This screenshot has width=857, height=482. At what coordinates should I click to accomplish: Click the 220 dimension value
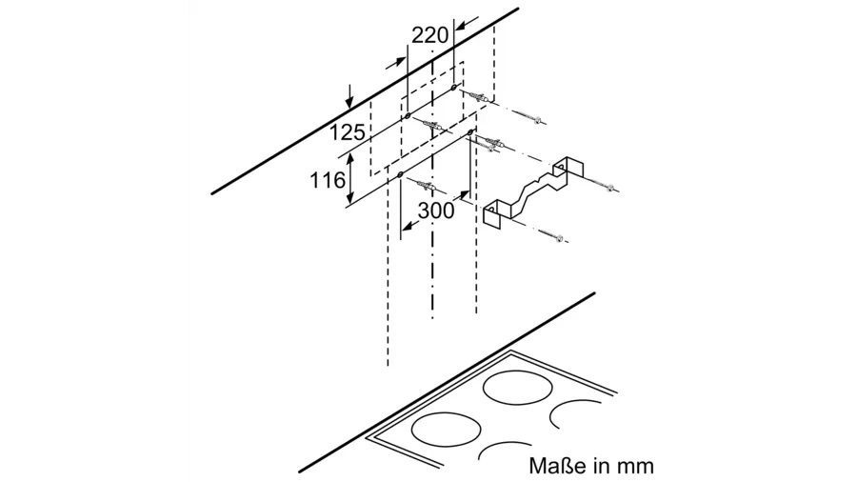(429, 36)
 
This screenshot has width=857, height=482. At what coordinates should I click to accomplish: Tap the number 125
(347, 132)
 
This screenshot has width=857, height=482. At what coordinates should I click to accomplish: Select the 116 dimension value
(328, 180)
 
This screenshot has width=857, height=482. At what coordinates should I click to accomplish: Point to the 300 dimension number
(436, 211)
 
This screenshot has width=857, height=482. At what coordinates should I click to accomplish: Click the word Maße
(557, 466)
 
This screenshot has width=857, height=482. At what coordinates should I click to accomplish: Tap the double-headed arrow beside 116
(351, 179)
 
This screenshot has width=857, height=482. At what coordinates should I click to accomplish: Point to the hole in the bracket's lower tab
(490, 210)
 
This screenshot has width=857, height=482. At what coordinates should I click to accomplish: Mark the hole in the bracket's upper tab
(560, 165)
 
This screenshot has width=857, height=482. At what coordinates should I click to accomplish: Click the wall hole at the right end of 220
(453, 87)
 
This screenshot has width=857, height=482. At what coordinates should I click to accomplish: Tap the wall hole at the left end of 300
(401, 175)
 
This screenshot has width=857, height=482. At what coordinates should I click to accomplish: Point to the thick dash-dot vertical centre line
(433, 186)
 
